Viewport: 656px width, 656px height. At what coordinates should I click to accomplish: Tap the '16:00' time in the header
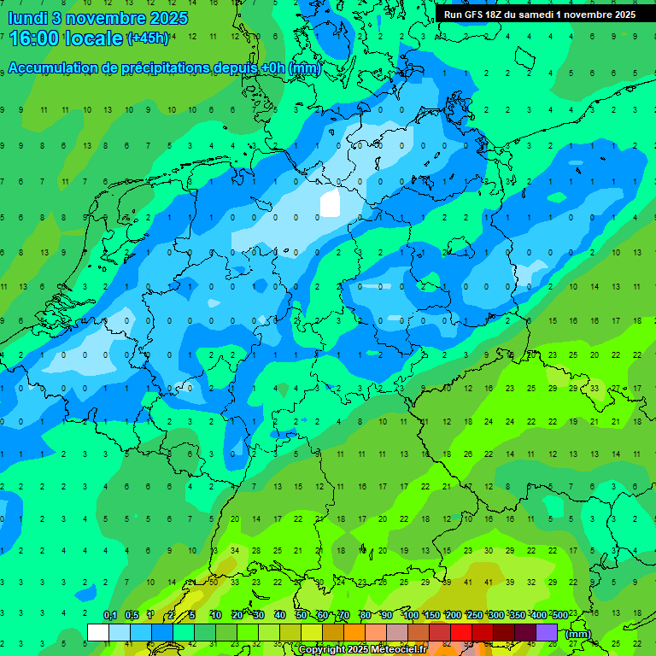pos(32,38)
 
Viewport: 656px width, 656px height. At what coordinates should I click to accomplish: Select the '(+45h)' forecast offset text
pos(148,38)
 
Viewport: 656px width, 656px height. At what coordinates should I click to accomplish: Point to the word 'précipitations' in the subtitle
pos(172,68)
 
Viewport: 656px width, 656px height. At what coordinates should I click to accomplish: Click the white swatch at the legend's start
pos(98,633)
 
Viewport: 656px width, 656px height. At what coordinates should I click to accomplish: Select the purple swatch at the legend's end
pos(547,633)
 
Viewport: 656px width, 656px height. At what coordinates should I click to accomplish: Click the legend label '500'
pos(560,615)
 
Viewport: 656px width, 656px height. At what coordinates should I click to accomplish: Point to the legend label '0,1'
pos(109,615)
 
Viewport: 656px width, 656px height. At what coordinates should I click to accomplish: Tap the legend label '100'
pos(410,615)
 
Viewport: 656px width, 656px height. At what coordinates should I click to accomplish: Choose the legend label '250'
pos(474,615)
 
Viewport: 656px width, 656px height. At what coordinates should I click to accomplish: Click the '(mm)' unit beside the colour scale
pos(579,634)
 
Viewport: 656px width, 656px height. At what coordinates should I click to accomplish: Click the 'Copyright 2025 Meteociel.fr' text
pos(362,650)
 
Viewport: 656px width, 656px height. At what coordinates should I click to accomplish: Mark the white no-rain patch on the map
pos(329,203)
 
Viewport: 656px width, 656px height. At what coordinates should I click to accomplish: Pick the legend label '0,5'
pos(132,615)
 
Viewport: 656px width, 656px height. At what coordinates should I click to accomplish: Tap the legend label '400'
pos(538,615)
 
